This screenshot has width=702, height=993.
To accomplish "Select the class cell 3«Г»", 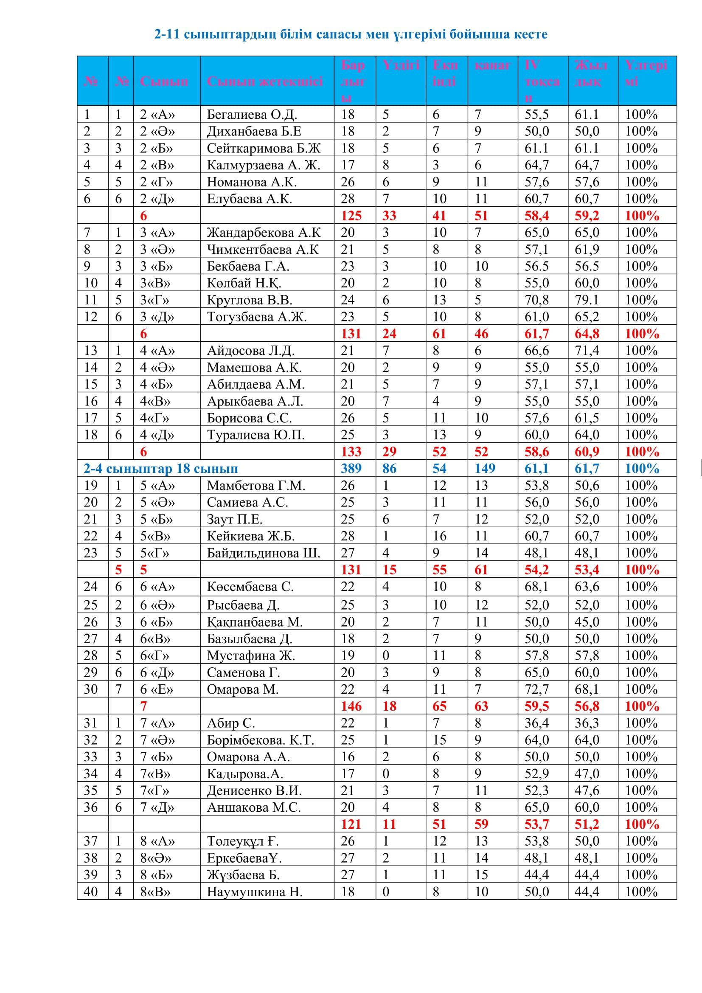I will [x=154, y=300].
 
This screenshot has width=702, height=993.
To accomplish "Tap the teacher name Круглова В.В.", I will [x=250, y=300].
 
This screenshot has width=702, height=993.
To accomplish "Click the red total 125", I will [x=351, y=216].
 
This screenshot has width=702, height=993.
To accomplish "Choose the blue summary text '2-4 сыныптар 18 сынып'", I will [x=161, y=469].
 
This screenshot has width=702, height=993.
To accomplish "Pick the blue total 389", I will [x=351, y=469].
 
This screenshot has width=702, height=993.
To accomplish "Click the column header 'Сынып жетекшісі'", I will [x=264, y=82].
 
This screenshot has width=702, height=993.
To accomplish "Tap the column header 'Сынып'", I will [x=164, y=82].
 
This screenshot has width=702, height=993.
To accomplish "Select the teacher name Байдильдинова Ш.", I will [x=263, y=553].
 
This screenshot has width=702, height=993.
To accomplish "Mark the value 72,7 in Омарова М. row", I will [x=536, y=689].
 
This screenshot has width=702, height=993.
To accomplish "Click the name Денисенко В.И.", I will [x=254, y=790].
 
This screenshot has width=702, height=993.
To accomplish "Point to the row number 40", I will [x=91, y=892].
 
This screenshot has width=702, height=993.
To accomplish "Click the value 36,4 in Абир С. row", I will [x=536, y=723].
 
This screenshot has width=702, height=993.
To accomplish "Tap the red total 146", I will [x=351, y=706].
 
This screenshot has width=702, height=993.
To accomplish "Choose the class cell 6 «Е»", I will [x=157, y=689].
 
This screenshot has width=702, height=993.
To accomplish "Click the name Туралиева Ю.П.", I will [x=256, y=435].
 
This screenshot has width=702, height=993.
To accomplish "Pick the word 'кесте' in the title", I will [x=530, y=34].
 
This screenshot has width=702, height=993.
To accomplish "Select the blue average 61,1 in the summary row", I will [x=536, y=469].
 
